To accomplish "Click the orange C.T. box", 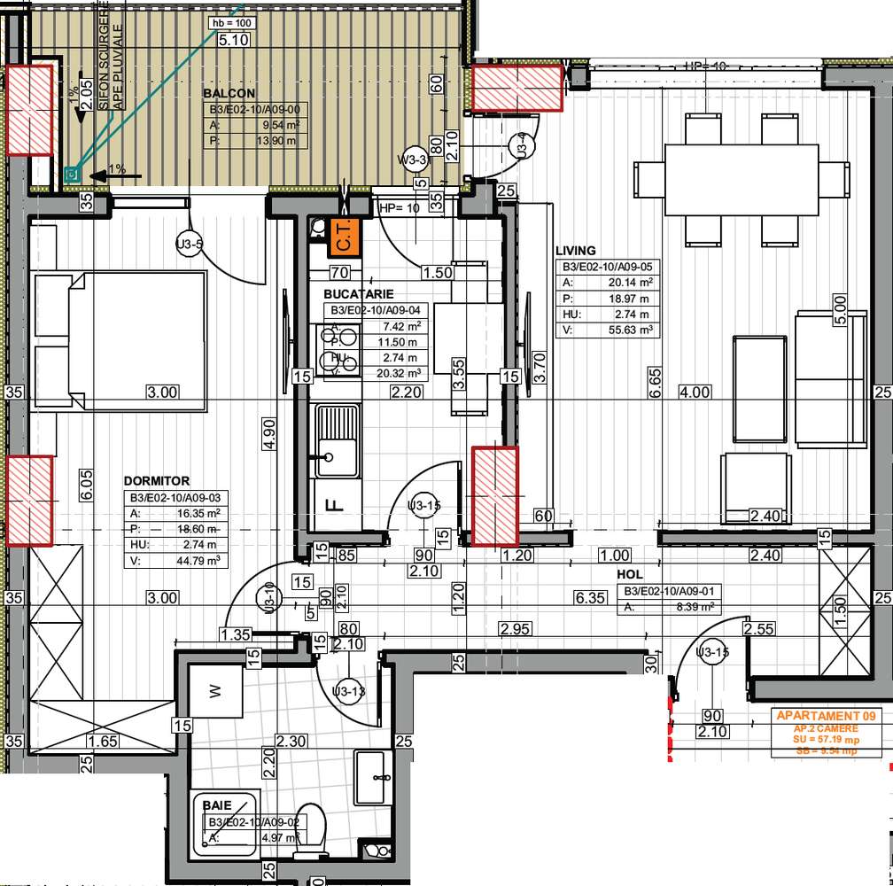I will (344, 237).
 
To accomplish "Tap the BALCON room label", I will (229, 93).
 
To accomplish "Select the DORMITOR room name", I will (156, 480).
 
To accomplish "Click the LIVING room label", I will (576, 251).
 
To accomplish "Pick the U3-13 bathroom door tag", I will (348, 691).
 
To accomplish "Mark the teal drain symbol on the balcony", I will (73, 175).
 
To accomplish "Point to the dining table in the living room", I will (742, 180).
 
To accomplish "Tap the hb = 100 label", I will (230, 21).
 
